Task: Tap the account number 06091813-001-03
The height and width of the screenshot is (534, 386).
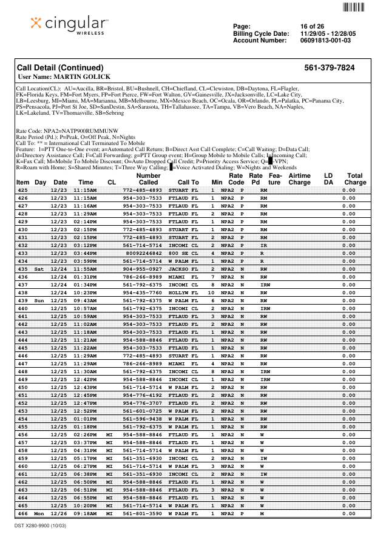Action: pyautogui.click(x=325, y=41)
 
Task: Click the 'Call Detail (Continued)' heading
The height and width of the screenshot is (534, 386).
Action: pyautogui.click(x=60, y=68)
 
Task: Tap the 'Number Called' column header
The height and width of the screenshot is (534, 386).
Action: pyautogui.click(x=149, y=178)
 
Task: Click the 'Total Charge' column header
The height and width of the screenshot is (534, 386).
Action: pyautogui.click(x=355, y=178)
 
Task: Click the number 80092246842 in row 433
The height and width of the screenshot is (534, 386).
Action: pyautogui.click(x=144, y=252)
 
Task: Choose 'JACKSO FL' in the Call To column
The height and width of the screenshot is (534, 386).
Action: pyautogui.click(x=183, y=269)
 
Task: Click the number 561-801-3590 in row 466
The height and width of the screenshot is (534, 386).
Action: pyautogui.click(x=143, y=513)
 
